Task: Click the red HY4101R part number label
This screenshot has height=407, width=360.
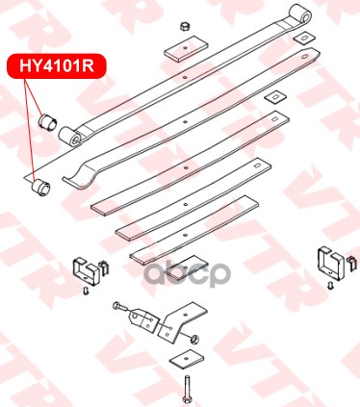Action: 57,66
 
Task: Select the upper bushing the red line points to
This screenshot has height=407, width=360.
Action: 47,121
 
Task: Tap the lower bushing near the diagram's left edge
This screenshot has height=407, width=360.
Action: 40,187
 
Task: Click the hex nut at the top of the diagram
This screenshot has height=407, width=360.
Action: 184,27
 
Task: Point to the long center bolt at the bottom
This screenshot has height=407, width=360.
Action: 187,389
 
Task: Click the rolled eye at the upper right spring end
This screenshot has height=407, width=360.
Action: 300,13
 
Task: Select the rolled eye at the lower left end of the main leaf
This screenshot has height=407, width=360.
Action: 70,137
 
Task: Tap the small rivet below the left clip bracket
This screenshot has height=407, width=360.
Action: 86,291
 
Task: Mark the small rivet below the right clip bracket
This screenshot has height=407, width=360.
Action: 329,285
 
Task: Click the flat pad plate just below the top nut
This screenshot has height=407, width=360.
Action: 186,49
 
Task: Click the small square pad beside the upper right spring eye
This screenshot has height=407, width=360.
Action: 303,38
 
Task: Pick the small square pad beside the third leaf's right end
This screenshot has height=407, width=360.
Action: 274,96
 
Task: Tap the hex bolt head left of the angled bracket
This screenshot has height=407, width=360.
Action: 116,305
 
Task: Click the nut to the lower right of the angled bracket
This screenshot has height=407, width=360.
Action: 194,338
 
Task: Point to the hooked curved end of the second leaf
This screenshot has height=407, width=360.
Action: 80,175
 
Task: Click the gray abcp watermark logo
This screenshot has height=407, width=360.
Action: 187,273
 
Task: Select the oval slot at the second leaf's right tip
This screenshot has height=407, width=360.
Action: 304,57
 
